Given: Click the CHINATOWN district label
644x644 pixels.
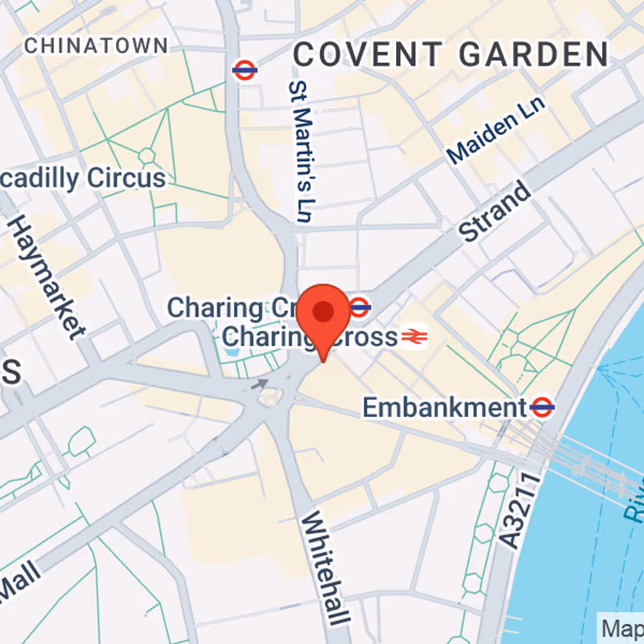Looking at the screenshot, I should (97, 46).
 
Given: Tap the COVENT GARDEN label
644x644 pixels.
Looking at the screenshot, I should (450, 55).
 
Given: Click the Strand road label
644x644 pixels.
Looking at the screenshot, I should (495, 211).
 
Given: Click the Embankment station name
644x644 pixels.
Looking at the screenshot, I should (444, 407).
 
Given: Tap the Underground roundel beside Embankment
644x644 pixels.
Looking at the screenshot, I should (543, 407).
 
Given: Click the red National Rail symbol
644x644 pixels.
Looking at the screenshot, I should (415, 336).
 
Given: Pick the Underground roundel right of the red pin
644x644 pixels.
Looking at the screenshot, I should (360, 307).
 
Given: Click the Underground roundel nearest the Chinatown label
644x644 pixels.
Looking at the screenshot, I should (244, 70).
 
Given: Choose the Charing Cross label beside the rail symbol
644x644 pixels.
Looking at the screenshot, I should (310, 336).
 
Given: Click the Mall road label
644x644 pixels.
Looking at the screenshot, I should (21, 581).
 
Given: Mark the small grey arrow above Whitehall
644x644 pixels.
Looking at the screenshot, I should (261, 384).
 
